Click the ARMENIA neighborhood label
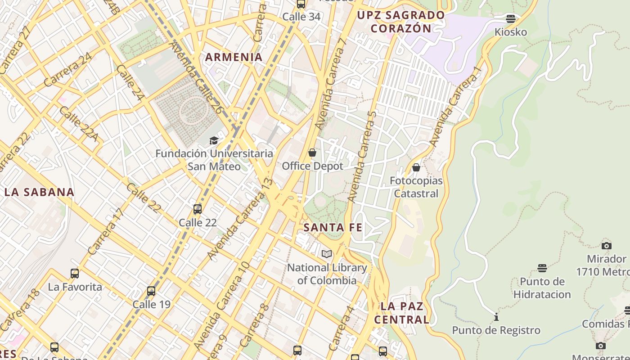click(x=234, y=57)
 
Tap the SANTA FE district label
click(x=333, y=228)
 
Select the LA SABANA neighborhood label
click(x=39, y=192)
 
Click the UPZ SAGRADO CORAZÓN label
click(x=400, y=22)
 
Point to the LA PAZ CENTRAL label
click(x=402, y=313)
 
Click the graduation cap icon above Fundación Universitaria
click(x=214, y=141)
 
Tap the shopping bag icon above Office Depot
click(x=312, y=153)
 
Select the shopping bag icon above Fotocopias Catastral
click(x=416, y=167)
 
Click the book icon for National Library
click(x=327, y=254)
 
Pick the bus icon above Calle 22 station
click(x=198, y=209)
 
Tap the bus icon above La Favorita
click(x=75, y=274)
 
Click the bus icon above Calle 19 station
click(x=151, y=291)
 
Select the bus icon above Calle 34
click(x=301, y=4)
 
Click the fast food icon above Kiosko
click(x=511, y=19)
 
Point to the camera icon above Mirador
click(x=607, y=246)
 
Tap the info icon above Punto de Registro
click(x=496, y=317)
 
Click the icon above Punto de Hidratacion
click(x=542, y=268)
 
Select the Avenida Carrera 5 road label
click(x=362, y=155)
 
